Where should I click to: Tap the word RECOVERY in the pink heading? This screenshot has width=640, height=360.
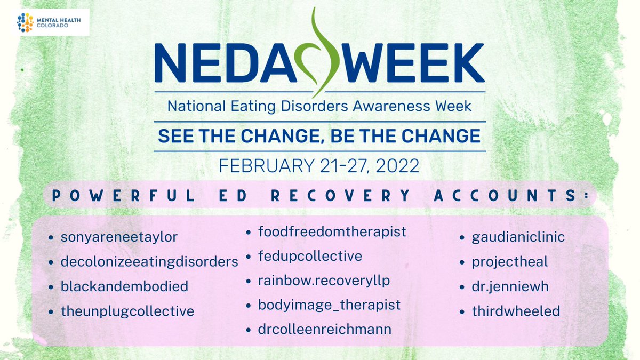click(x=341, y=196)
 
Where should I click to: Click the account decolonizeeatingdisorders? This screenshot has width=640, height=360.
click(x=149, y=262)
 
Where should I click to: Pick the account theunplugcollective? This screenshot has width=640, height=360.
click(x=128, y=311)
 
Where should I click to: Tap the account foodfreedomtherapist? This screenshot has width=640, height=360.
click(x=332, y=232)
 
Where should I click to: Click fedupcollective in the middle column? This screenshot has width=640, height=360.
click(x=310, y=256)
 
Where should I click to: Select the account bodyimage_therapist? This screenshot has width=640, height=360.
click(x=329, y=305)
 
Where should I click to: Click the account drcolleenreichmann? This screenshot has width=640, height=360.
click(x=325, y=330)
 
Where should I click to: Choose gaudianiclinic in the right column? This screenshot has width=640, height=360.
click(x=518, y=237)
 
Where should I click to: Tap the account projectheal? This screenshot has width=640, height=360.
click(x=509, y=262)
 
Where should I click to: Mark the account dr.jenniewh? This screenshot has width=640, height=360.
click(x=510, y=286)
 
